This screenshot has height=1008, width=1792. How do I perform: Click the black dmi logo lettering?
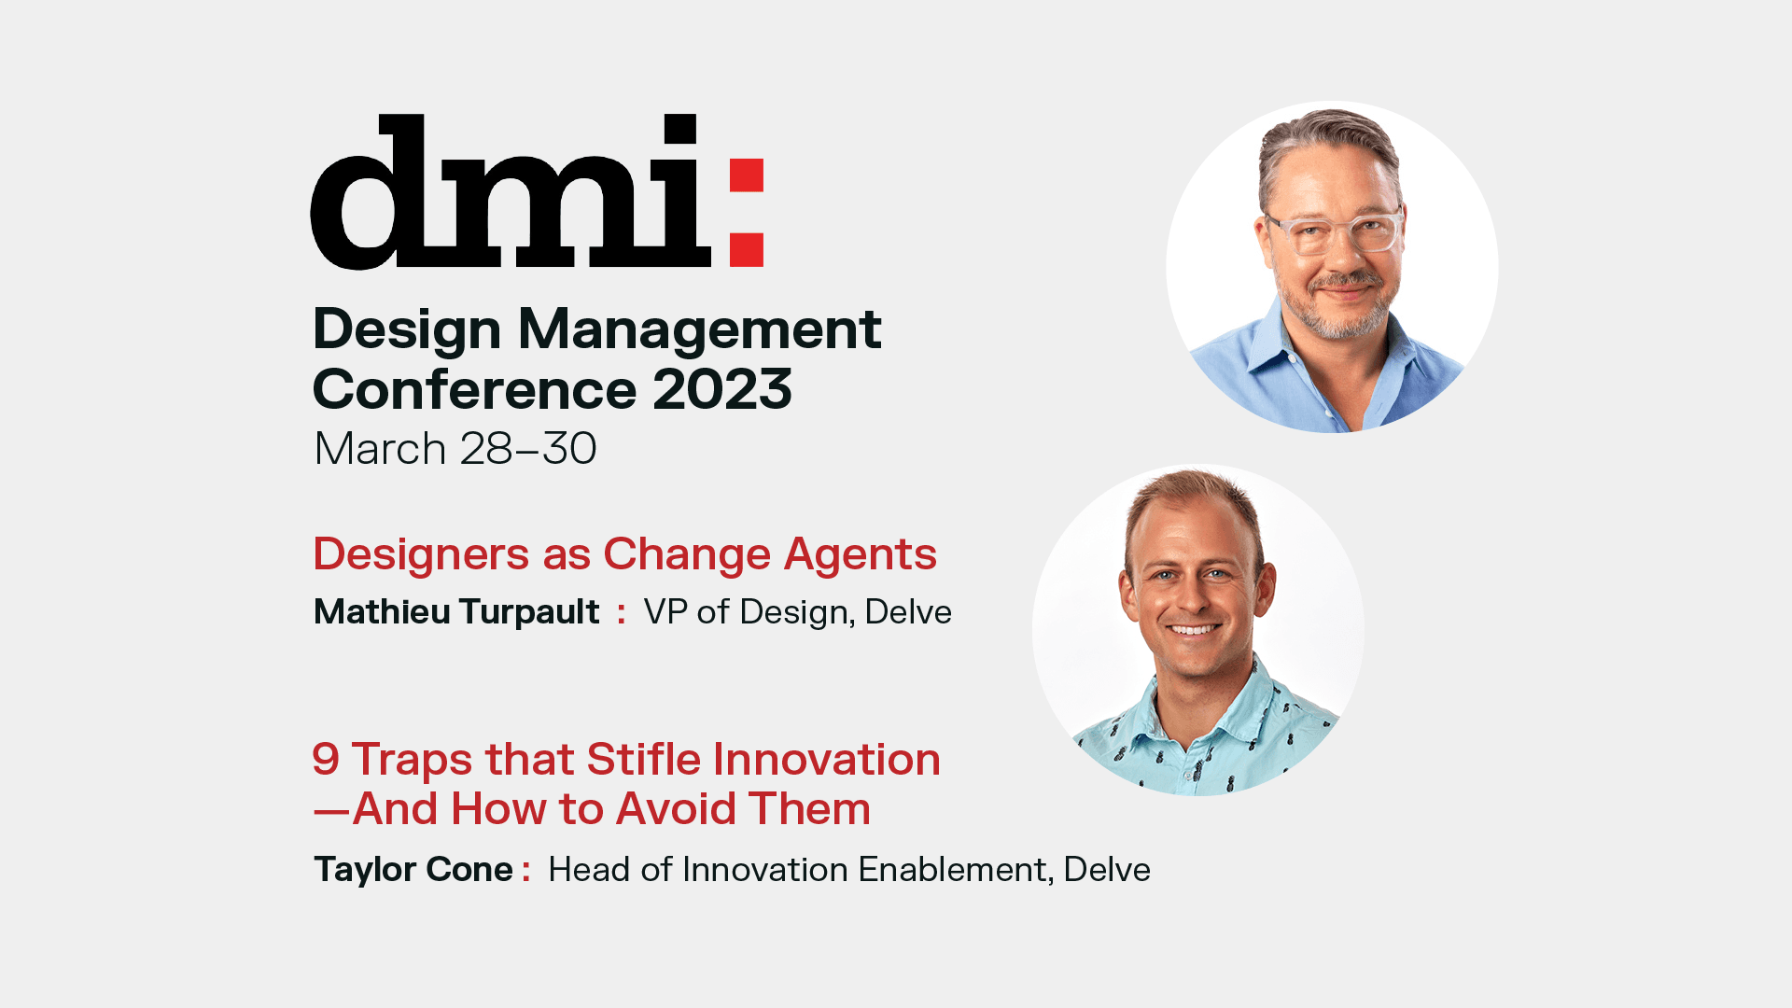click(511, 192)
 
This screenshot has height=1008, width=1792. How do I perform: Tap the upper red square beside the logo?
click(747, 175)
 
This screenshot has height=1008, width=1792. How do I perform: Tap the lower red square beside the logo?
click(747, 250)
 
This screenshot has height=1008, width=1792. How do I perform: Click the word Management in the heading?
click(699, 331)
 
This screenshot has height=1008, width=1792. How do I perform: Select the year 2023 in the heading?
click(722, 389)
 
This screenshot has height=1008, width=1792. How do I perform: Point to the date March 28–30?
click(455, 449)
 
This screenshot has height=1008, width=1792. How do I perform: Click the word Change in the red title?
click(687, 556)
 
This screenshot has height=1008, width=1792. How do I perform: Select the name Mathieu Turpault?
click(456, 612)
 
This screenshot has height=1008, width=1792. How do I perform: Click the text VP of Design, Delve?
click(798, 612)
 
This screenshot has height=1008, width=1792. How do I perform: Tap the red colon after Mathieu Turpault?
click(622, 614)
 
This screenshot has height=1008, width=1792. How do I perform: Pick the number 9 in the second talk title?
click(326, 759)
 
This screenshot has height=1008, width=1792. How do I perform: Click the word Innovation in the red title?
click(827, 759)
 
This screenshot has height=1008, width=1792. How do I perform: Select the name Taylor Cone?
click(413, 870)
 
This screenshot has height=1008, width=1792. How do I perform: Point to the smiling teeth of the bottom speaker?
click(1194, 629)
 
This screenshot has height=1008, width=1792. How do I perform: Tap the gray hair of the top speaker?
click(1325, 140)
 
